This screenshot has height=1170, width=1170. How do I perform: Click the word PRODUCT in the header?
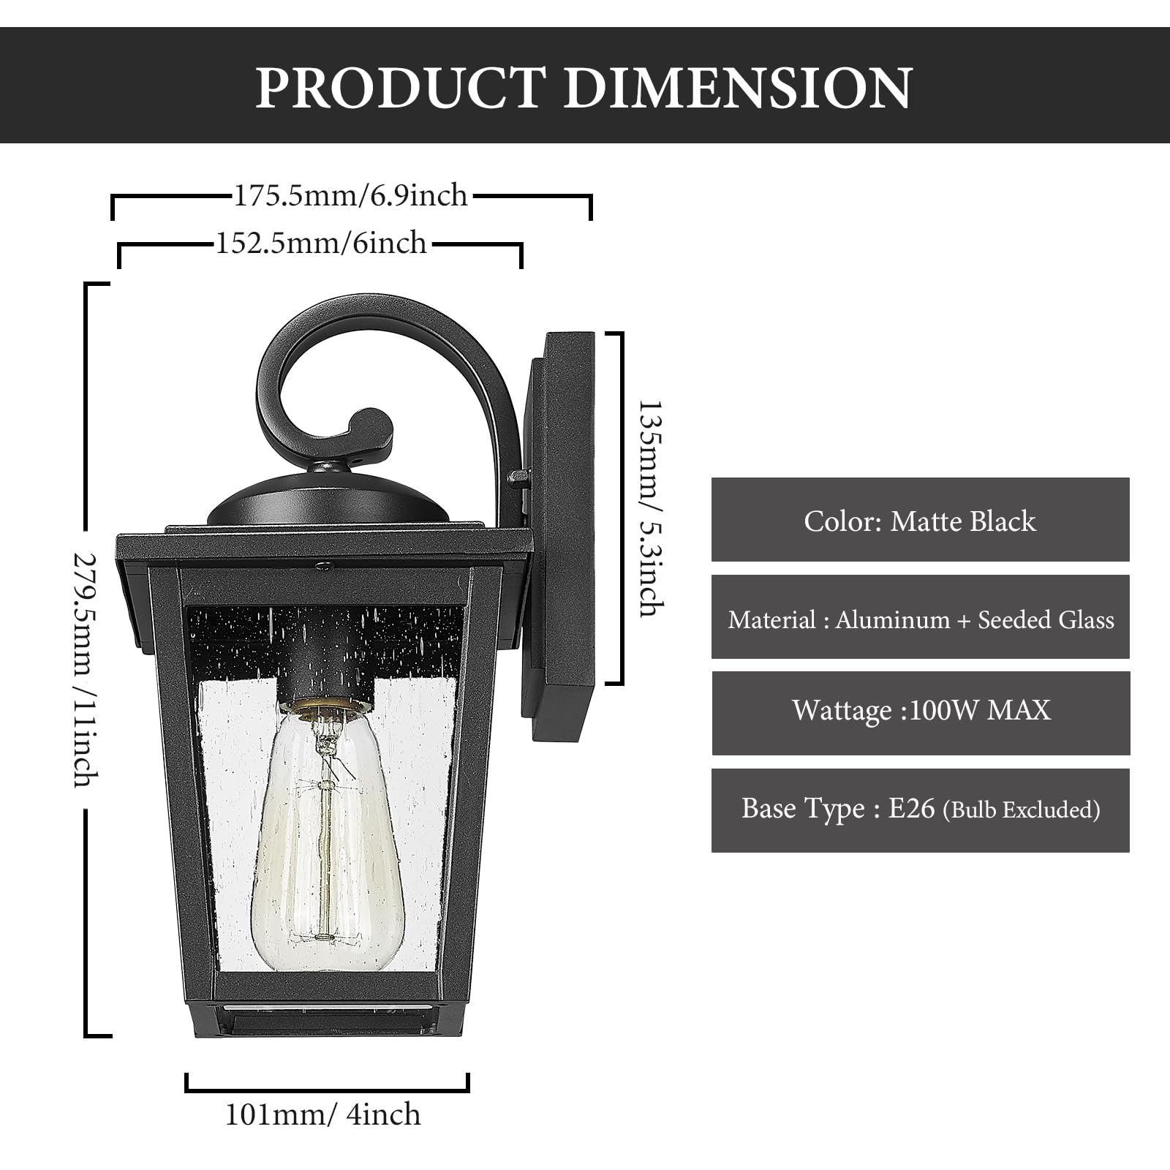(401, 88)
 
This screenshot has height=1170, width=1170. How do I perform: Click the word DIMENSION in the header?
(738, 88)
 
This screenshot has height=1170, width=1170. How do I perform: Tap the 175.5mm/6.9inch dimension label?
(350, 196)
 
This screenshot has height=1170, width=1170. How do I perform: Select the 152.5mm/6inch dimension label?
(321, 243)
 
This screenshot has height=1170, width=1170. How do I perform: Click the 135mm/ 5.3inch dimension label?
(650, 507)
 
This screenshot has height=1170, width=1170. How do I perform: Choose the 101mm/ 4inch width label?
(322, 1114)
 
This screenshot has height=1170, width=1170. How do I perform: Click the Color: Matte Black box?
(920, 520)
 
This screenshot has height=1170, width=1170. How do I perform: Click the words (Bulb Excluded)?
(1022, 810)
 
